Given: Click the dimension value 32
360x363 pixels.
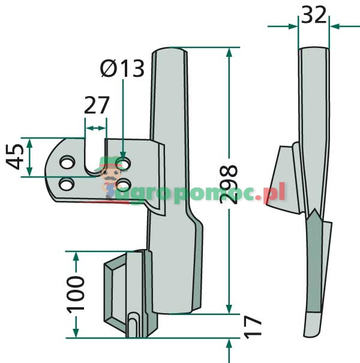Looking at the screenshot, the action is [314, 14].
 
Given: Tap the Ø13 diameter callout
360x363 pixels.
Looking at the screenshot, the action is [122, 68].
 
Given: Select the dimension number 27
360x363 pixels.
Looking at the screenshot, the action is [97, 105].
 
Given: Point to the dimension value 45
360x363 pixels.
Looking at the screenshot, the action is [15, 157].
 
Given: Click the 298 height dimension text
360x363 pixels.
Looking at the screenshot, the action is [229, 185].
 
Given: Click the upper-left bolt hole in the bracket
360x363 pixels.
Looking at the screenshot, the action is [67, 162].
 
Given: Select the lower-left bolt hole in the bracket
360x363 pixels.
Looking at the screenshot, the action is [67, 184].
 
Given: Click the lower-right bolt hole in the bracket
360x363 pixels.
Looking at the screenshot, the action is [124, 185].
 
